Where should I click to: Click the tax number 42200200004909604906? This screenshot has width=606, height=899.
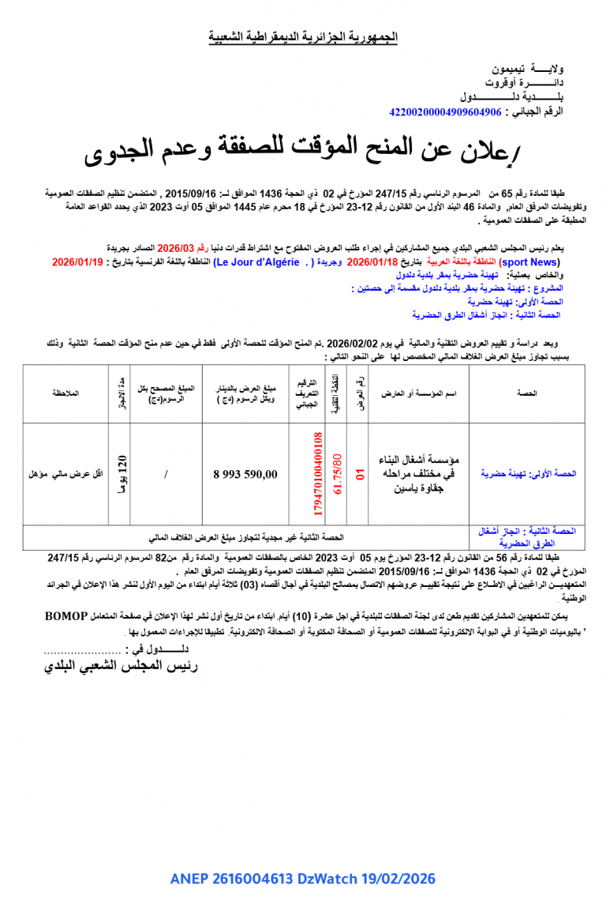click(446, 112)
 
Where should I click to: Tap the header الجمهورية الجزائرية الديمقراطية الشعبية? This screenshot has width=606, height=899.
click(303, 37)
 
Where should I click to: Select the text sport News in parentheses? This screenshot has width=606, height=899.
click(533, 261)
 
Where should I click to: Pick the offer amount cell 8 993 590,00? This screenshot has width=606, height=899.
click(245, 474)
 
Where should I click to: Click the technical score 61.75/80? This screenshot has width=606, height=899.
click(337, 474)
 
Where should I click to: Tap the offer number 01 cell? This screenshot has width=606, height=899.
click(359, 474)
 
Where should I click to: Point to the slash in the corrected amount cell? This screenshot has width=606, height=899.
click(165, 474)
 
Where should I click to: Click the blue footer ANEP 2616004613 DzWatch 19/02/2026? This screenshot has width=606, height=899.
click(303, 879)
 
